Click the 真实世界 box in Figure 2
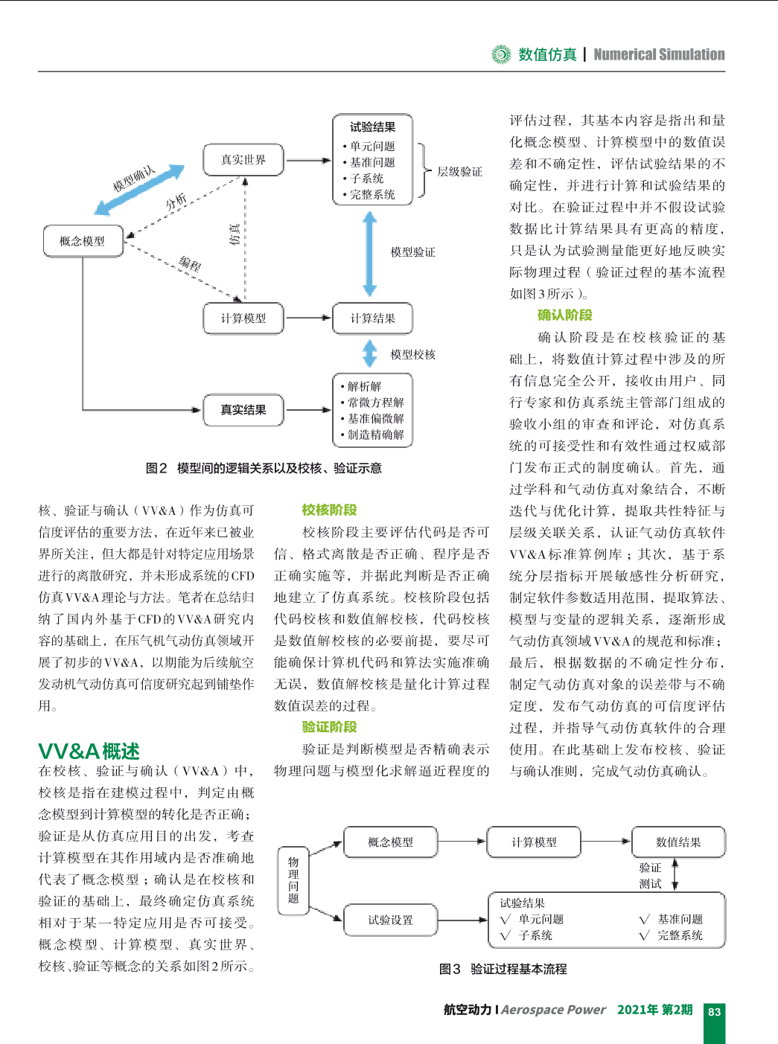tap(243, 160)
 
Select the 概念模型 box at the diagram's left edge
tap(83, 241)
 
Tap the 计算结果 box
tap(372, 318)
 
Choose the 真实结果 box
tap(243, 410)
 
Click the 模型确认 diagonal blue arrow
tap(139, 190)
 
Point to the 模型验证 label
tap(413, 252)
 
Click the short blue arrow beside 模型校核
tap(370, 353)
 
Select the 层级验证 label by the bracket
tap(459, 172)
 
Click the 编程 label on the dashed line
tap(191, 263)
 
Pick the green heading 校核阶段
tap(329, 510)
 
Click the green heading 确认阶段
tap(564, 315)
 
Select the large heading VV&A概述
tap(89, 751)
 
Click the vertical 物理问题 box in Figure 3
tap(293, 881)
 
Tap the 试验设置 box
tap(390, 920)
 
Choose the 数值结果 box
tap(678, 842)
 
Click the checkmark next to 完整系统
tap(645, 935)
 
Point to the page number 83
tap(715, 1011)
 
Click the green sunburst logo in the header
tap(501, 54)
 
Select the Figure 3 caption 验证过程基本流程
tap(518, 969)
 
